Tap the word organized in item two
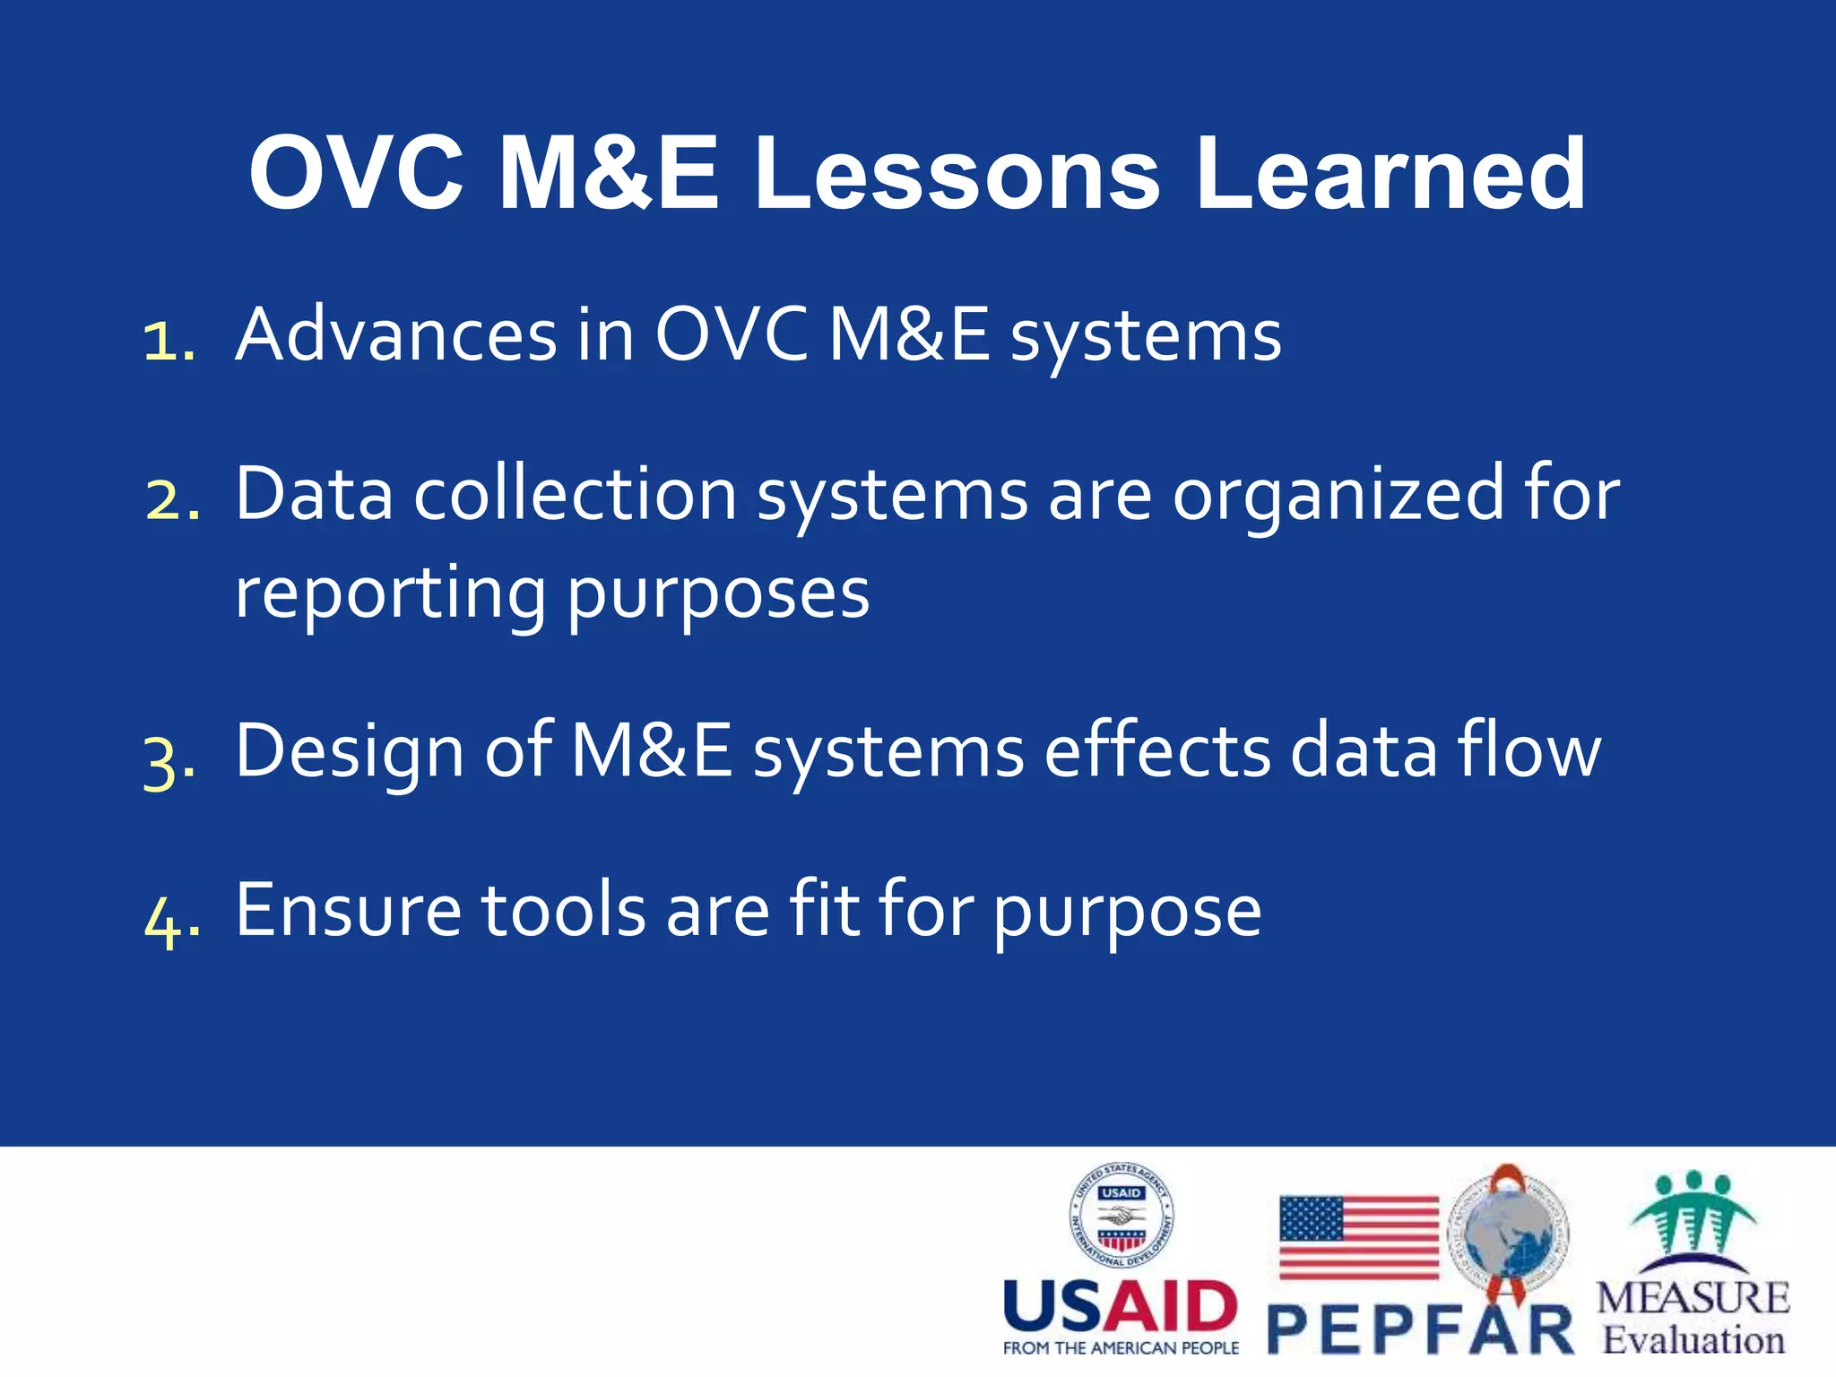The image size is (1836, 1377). pos(1338,496)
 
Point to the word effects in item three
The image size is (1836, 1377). pos(1156,751)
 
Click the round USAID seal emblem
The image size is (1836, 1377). pos(1121,1217)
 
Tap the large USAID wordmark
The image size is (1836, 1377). pos(1121,1306)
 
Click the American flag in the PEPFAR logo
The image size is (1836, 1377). pos(1358,1237)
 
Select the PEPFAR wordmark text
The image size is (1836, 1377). pos(1421,1329)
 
